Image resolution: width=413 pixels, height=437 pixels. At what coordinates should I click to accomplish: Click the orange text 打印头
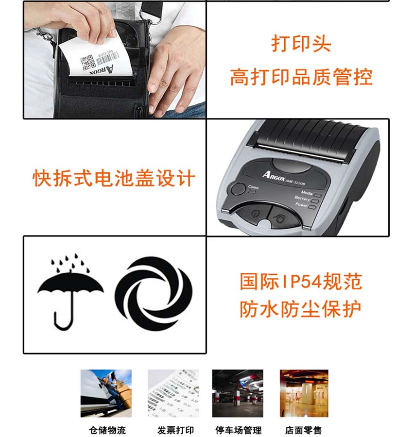point(301,44)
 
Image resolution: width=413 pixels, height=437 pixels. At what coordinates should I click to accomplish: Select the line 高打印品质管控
point(301,77)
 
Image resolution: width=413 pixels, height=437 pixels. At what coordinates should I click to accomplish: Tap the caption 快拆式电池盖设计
point(114,178)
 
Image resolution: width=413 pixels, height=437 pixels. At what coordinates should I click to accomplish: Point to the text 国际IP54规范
point(301,282)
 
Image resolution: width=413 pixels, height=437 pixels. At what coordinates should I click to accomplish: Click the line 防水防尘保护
point(301,309)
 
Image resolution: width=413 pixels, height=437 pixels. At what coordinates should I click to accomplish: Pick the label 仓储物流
point(107,430)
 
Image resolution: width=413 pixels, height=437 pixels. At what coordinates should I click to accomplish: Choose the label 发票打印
point(175,430)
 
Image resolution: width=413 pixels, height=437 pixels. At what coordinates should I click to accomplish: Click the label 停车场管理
point(238,430)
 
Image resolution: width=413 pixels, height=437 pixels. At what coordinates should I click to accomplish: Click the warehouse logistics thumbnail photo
point(106,393)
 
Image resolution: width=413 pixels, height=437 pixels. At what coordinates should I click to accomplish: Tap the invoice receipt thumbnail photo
point(173,393)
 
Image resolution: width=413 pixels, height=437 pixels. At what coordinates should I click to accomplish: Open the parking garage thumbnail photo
point(238,393)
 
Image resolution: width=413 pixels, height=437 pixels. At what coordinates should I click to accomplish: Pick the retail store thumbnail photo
point(304,393)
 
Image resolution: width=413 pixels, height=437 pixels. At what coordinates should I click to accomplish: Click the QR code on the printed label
point(87,62)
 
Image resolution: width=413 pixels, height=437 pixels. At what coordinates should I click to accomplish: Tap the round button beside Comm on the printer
point(238,189)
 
